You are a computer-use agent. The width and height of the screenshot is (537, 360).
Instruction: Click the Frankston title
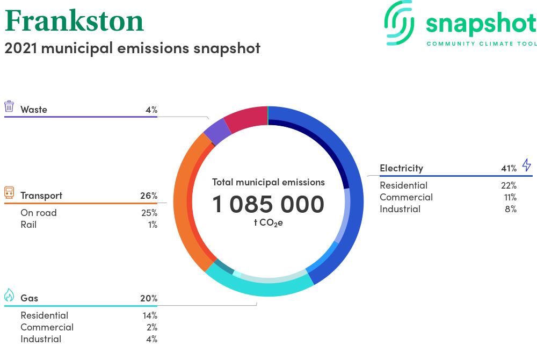pyautogui.click(x=74, y=21)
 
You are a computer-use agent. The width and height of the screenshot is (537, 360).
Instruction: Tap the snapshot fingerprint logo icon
pyautogui.click(x=400, y=23)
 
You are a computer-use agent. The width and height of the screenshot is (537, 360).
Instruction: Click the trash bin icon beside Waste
pyautogui.click(x=9, y=106)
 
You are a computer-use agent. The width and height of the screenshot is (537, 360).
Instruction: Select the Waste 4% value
pyautogui.click(x=151, y=110)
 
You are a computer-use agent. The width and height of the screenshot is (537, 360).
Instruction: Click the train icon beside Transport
pyautogui.click(x=9, y=192)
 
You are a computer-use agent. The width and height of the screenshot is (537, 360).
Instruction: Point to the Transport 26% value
pyautogui.click(x=149, y=196)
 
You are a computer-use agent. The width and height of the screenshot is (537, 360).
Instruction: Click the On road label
pyautogui.click(x=39, y=213)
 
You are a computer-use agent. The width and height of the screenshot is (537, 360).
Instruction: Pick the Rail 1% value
pyautogui.click(x=153, y=225)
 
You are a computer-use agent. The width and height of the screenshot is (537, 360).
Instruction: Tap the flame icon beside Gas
pyautogui.click(x=9, y=294)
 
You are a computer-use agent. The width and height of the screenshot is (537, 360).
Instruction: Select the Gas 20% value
pyautogui.click(x=149, y=298)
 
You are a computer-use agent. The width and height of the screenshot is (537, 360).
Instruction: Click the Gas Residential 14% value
pyautogui.click(x=150, y=315)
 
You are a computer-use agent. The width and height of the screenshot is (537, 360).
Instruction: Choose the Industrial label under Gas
pyautogui.click(x=41, y=339)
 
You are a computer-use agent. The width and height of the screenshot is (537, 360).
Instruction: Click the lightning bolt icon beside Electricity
pyautogui.click(x=527, y=165)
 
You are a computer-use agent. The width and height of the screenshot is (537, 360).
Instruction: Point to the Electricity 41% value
pyautogui.click(x=509, y=168)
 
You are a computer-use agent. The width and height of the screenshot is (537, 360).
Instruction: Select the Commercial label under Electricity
pyautogui.click(x=406, y=197)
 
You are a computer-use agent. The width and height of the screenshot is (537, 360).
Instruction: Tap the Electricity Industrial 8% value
pyautogui.click(x=511, y=209)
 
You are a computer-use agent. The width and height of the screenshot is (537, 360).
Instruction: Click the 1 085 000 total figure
pyautogui.click(x=268, y=204)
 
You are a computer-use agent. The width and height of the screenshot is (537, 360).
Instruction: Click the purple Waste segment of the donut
pyautogui.click(x=217, y=132)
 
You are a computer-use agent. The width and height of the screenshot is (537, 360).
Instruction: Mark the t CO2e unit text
pyautogui.click(x=268, y=223)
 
